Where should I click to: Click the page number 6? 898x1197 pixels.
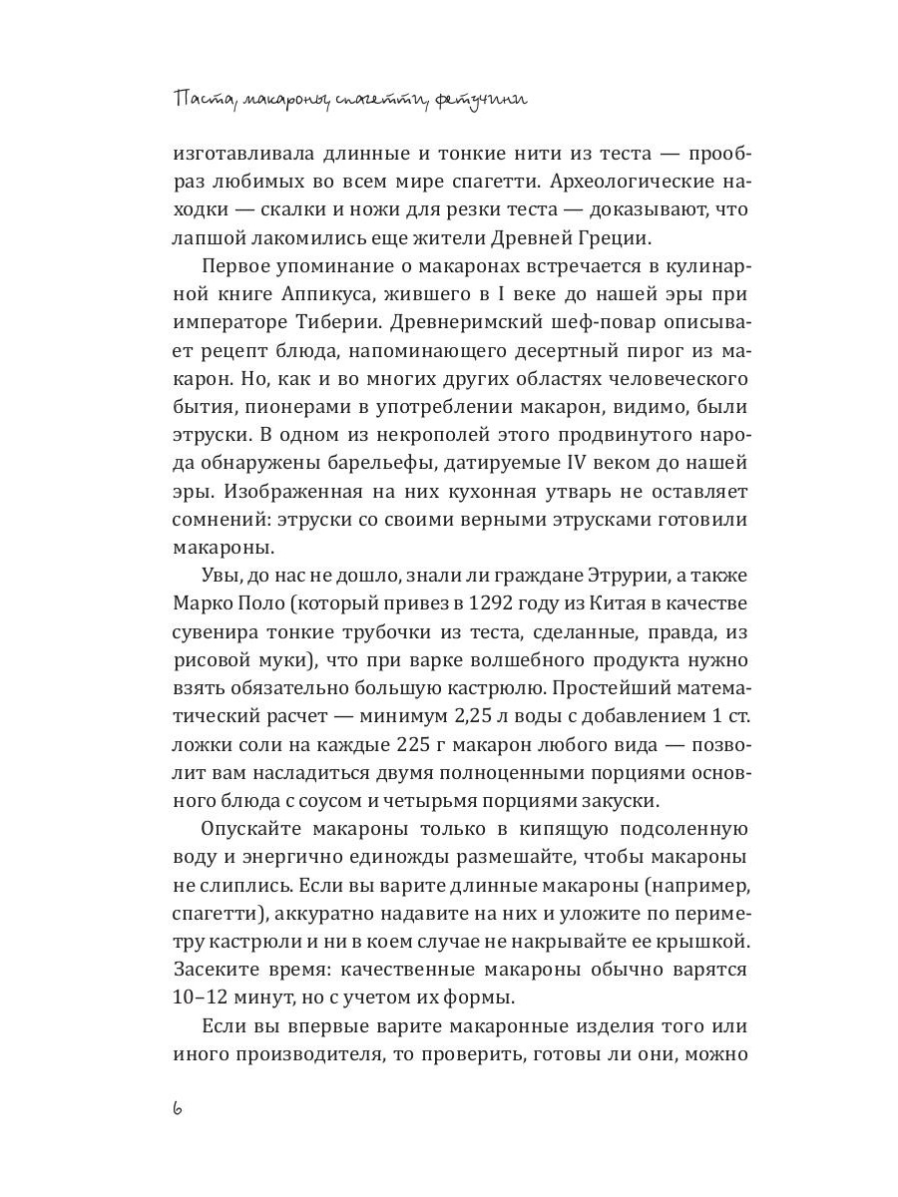tap(178, 1109)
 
